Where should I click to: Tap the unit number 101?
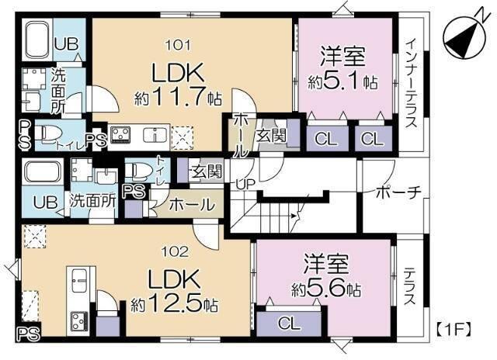click(179, 45)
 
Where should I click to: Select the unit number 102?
click(175, 252)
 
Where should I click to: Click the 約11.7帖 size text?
click(178, 95)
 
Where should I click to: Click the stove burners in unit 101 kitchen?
click(120, 134)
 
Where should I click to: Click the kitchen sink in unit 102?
click(79, 280)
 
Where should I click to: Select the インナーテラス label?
click(411, 83)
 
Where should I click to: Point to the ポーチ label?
click(398, 192)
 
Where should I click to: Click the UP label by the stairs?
click(245, 185)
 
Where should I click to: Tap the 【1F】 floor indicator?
click(454, 329)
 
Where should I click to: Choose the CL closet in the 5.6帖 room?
click(289, 324)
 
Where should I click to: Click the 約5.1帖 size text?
click(343, 82)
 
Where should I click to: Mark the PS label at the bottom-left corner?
click(29, 334)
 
